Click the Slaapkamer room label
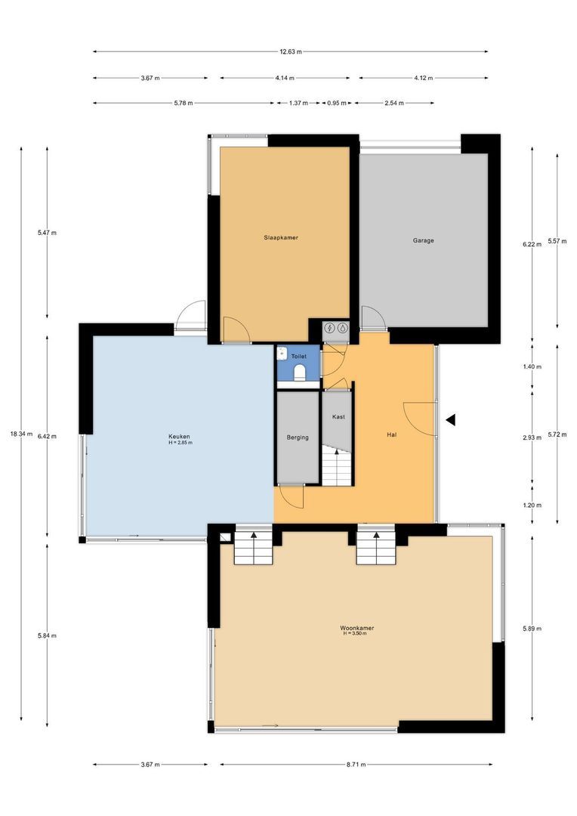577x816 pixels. click(x=281, y=238)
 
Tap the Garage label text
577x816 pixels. click(x=423, y=240)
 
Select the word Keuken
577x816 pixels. click(x=179, y=436)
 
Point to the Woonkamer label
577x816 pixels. click(x=357, y=628)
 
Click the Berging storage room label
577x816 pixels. click(x=298, y=437)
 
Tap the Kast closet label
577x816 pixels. click(x=338, y=417)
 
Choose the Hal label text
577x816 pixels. click(x=391, y=434)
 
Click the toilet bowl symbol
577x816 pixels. click(x=299, y=372)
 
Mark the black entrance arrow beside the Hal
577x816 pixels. click(x=451, y=419)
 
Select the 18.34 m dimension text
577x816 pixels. click(x=21, y=434)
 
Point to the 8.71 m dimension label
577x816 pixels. click(x=356, y=765)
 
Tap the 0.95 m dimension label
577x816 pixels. click(x=337, y=103)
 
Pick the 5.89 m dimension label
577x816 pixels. click(x=532, y=629)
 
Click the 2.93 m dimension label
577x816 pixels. click(x=532, y=437)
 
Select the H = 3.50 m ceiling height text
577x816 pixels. click(x=355, y=633)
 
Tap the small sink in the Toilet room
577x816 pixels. click(x=282, y=354)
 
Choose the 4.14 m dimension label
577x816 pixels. click(x=285, y=78)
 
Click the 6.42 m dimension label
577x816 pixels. click(x=47, y=437)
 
